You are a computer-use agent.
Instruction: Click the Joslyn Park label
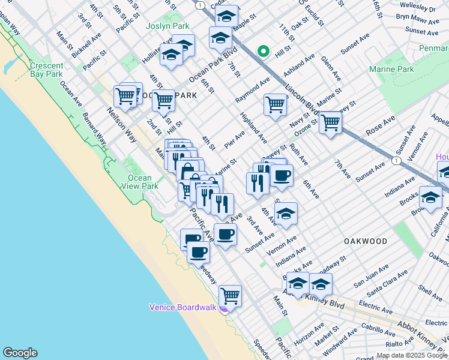coord(167,26)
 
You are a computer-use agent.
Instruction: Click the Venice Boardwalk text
coord(182,307)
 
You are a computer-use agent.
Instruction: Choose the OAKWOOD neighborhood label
coord(366,241)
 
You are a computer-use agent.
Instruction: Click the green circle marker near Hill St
coord(263,52)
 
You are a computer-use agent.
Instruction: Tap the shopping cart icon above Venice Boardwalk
coord(230,295)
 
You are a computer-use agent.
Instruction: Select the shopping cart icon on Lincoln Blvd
coord(330,122)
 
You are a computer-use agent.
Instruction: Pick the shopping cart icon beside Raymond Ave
coord(275,104)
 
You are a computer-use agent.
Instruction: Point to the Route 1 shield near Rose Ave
coord(396,161)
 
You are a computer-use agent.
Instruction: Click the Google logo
coord(20,353)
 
